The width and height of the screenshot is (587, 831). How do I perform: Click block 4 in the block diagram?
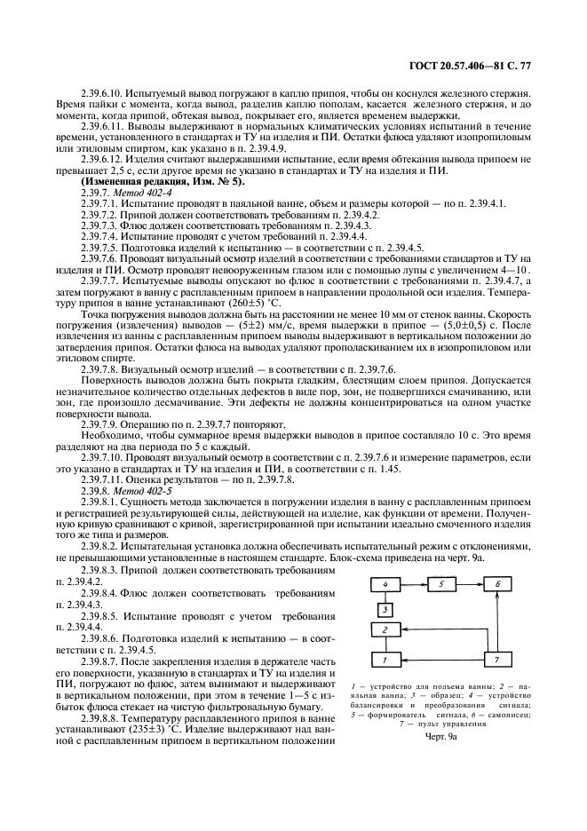385,583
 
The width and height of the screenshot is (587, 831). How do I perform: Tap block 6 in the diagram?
497,583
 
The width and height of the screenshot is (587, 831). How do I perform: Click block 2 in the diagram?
385,629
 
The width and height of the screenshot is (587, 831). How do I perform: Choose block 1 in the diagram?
385,661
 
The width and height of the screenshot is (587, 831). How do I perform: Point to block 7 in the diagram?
497,661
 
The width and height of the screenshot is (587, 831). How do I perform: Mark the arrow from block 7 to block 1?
440,661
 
